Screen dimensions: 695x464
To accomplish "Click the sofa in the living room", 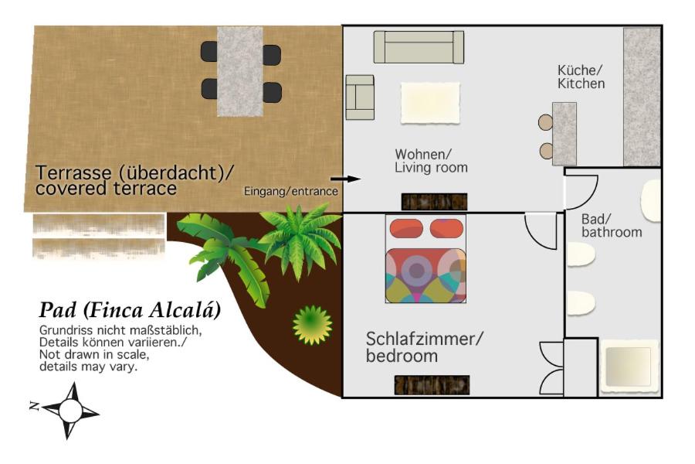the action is coord(419,47).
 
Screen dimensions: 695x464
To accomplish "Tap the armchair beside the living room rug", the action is coord(359,97).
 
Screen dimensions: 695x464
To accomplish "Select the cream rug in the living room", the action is coord(430,103).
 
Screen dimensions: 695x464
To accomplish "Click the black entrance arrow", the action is coord(346,179).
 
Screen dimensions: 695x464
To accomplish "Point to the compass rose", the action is coord(70,411).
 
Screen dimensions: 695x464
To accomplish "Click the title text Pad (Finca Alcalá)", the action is coord(130,310).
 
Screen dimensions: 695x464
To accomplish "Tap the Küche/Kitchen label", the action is coord(581,77).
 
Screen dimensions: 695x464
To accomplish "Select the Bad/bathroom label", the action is coord(612,225).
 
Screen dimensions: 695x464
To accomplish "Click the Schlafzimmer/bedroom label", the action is coord(424,346).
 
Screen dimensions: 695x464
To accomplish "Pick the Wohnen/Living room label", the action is coord(431,161).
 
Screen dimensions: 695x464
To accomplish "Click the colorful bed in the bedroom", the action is coord(425,259).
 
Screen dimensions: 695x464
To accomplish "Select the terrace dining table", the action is coord(240,71).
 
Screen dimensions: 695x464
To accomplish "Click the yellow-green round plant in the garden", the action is coord(312,325).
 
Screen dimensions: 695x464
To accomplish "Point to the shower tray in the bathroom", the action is coord(629,367).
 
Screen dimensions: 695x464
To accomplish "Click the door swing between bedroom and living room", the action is coord(541,231).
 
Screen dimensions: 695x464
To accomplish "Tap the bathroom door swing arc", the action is coord(581,193).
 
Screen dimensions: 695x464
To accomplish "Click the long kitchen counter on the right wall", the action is coord(642,97).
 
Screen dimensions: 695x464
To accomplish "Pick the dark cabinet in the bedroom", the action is coord(432,385).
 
